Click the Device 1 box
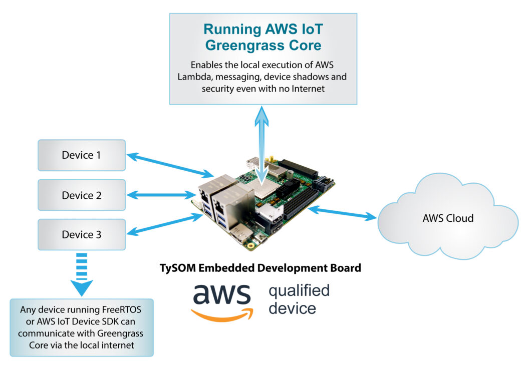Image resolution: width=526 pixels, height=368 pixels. tap(81, 155)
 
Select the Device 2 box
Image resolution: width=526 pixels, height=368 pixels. tap(81, 195)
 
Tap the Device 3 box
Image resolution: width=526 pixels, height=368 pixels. tap(81, 234)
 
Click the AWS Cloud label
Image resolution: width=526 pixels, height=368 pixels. tap(448, 219)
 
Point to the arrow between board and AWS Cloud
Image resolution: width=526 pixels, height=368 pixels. tap(343, 212)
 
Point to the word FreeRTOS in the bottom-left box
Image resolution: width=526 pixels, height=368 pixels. tap(120, 309)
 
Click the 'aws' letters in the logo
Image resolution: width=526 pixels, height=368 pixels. tap(221, 294)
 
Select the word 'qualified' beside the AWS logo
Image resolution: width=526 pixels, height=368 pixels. tap(299, 290)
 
